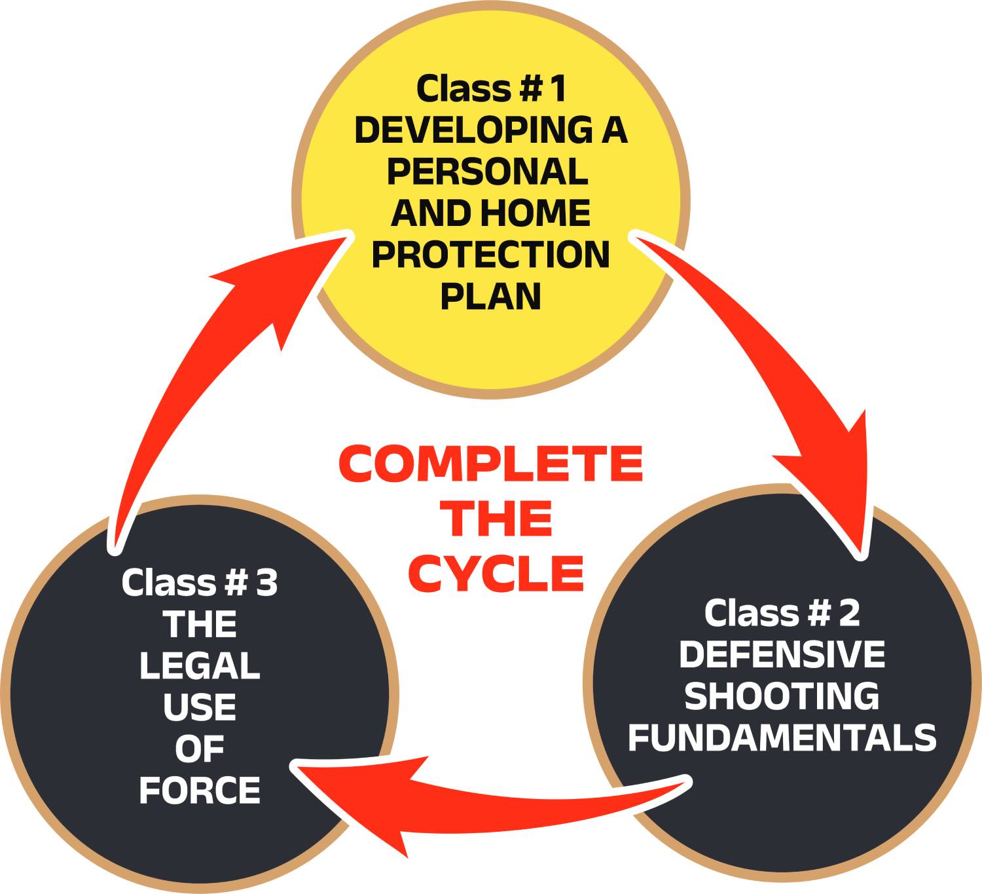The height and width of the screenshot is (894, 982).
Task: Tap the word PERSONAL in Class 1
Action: click(487, 172)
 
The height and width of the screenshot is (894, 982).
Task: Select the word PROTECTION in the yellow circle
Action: click(491, 255)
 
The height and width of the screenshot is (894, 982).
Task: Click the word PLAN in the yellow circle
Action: click(490, 296)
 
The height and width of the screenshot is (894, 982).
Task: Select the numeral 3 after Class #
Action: click(266, 582)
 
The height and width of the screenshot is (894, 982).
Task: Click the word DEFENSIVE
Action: click(782, 654)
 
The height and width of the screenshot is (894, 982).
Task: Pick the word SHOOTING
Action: click(782, 696)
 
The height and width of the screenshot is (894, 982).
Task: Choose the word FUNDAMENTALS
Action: click(782, 737)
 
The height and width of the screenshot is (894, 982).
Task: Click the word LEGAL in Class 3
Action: click(200, 666)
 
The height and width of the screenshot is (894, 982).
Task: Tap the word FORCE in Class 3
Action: click(200, 791)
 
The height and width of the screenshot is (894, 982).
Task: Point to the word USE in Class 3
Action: click(200, 707)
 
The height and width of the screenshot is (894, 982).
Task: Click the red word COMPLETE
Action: click(491, 464)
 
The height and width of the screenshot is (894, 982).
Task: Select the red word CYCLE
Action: click(496, 573)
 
